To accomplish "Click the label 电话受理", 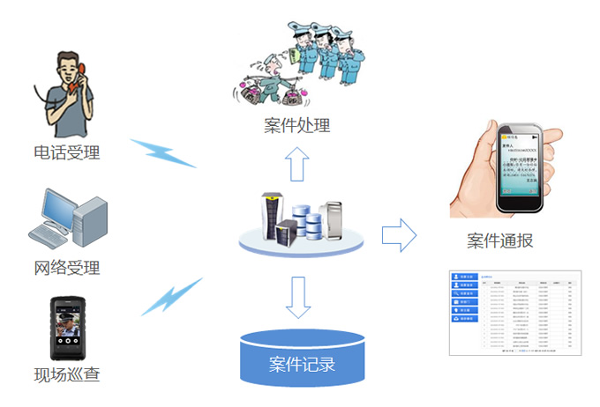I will point(67,152).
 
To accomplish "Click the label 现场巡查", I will point(67,374).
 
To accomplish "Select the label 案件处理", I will point(297,125).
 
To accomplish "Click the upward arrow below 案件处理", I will point(297,166).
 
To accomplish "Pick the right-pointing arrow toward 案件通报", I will point(398,235).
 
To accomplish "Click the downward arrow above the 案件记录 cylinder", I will point(298,298).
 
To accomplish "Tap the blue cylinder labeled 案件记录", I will point(302,360).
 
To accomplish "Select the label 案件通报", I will point(499,240).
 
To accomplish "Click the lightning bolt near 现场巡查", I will point(170,297).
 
